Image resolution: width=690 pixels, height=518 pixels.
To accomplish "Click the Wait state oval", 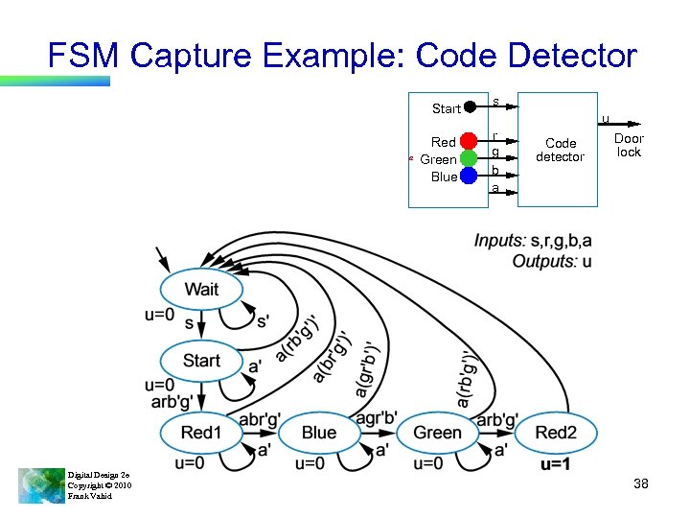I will pyautogui.click(x=201, y=289).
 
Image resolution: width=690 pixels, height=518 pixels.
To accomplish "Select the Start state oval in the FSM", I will pyautogui.click(x=201, y=361).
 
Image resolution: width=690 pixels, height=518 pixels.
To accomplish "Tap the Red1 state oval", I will pyautogui.click(x=201, y=433).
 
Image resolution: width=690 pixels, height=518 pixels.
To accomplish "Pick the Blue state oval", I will pyautogui.click(x=319, y=433).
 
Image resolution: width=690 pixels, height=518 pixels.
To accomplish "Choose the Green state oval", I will pyautogui.click(x=437, y=433).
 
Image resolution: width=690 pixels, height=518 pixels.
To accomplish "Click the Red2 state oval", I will pyautogui.click(x=556, y=433).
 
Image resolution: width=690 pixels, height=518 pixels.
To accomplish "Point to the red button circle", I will pyautogui.click(x=469, y=142).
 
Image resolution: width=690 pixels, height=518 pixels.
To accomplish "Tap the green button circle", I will pyautogui.click(x=469, y=158).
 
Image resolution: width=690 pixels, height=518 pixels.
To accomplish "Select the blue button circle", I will pyautogui.click(x=469, y=176).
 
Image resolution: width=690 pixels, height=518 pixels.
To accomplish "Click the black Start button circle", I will pyautogui.click(x=471, y=107).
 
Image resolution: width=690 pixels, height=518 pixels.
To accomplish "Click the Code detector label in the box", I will pyautogui.click(x=560, y=150).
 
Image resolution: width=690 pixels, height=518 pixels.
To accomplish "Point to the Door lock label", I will pyautogui.click(x=629, y=145).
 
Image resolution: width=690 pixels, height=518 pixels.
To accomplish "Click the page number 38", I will pyautogui.click(x=641, y=483).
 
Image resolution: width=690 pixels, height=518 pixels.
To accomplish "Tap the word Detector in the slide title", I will pyautogui.click(x=572, y=56).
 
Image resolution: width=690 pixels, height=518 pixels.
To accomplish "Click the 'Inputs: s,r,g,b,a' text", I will pyautogui.click(x=532, y=240).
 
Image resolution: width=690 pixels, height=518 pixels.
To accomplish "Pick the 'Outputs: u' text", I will pyautogui.click(x=551, y=261).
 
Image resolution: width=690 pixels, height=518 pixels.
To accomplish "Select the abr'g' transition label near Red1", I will pyautogui.click(x=259, y=419).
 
